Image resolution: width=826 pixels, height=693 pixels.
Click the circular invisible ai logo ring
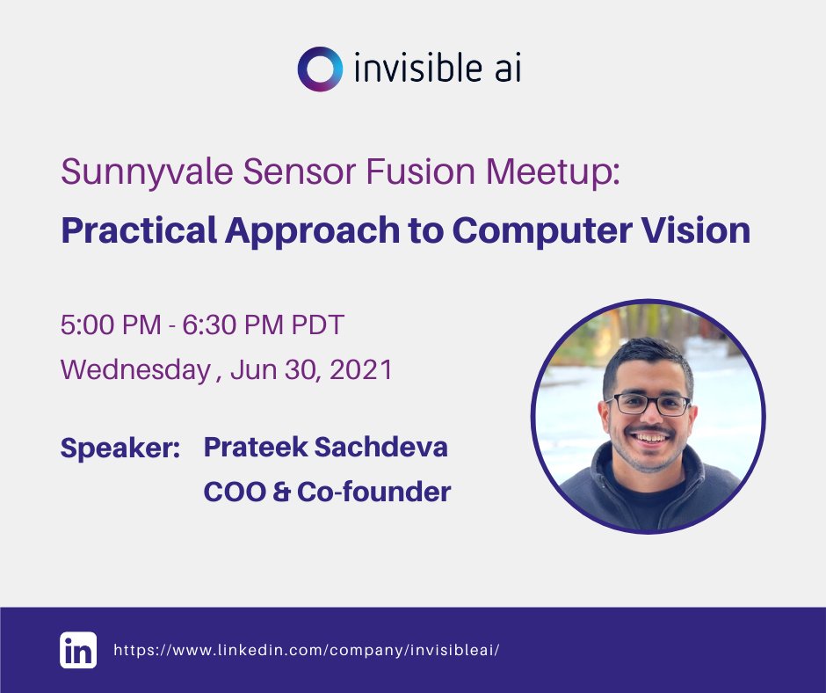[x=317, y=69]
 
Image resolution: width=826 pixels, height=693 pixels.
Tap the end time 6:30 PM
[x=232, y=325]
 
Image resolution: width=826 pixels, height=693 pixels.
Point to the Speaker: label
[x=120, y=448]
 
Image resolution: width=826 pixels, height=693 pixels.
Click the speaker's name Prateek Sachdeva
[x=325, y=447]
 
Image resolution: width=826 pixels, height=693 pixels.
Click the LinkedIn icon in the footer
[x=78, y=651]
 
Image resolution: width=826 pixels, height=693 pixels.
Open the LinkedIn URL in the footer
[x=307, y=651]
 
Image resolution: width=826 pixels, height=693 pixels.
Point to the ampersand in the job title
[x=281, y=492]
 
